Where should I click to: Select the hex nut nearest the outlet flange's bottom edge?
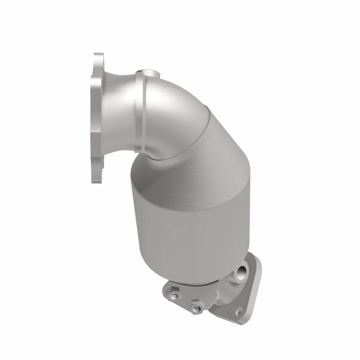196,308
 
